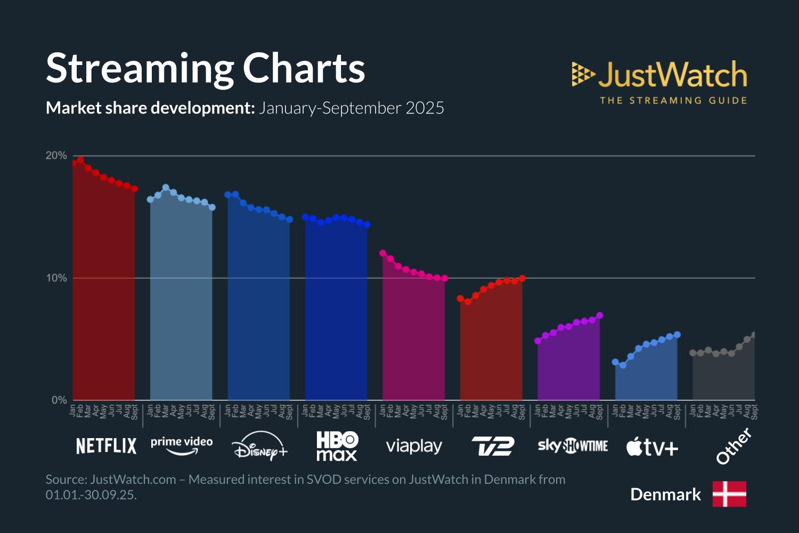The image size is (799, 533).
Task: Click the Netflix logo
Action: pyautogui.click(x=106, y=446)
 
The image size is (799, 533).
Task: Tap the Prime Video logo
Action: pyautogui.click(x=182, y=446)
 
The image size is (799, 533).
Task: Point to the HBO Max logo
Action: pyautogui.click(x=337, y=446)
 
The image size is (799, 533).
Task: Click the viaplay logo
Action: pyautogui.click(x=414, y=446)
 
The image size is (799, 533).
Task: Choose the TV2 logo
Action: pyautogui.click(x=493, y=446)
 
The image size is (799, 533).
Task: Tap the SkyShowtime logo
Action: pyautogui.click(x=573, y=446)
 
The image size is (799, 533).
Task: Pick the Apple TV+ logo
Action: pyautogui.click(x=652, y=447)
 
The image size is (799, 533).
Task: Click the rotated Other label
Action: pyautogui.click(x=733, y=446)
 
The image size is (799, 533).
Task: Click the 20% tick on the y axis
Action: pyautogui.click(x=56, y=156)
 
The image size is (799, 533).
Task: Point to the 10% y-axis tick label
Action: pyautogui.click(x=56, y=278)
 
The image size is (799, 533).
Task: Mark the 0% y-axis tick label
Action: pyautogui.click(x=59, y=400)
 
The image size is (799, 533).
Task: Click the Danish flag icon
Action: pyautogui.click(x=729, y=494)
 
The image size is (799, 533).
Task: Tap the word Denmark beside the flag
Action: pyautogui.click(x=665, y=495)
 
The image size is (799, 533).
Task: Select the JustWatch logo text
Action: pyautogui.click(x=672, y=75)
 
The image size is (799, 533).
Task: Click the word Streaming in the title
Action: pyautogui.click(x=140, y=68)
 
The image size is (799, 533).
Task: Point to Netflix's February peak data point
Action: pyautogui.click(x=80, y=160)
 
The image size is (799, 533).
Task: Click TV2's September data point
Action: pyautogui.click(x=522, y=278)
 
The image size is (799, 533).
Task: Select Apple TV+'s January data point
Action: pyautogui.click(x=615, y=362)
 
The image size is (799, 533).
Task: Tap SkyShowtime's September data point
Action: pyautogui.click(x=600, y=316)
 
